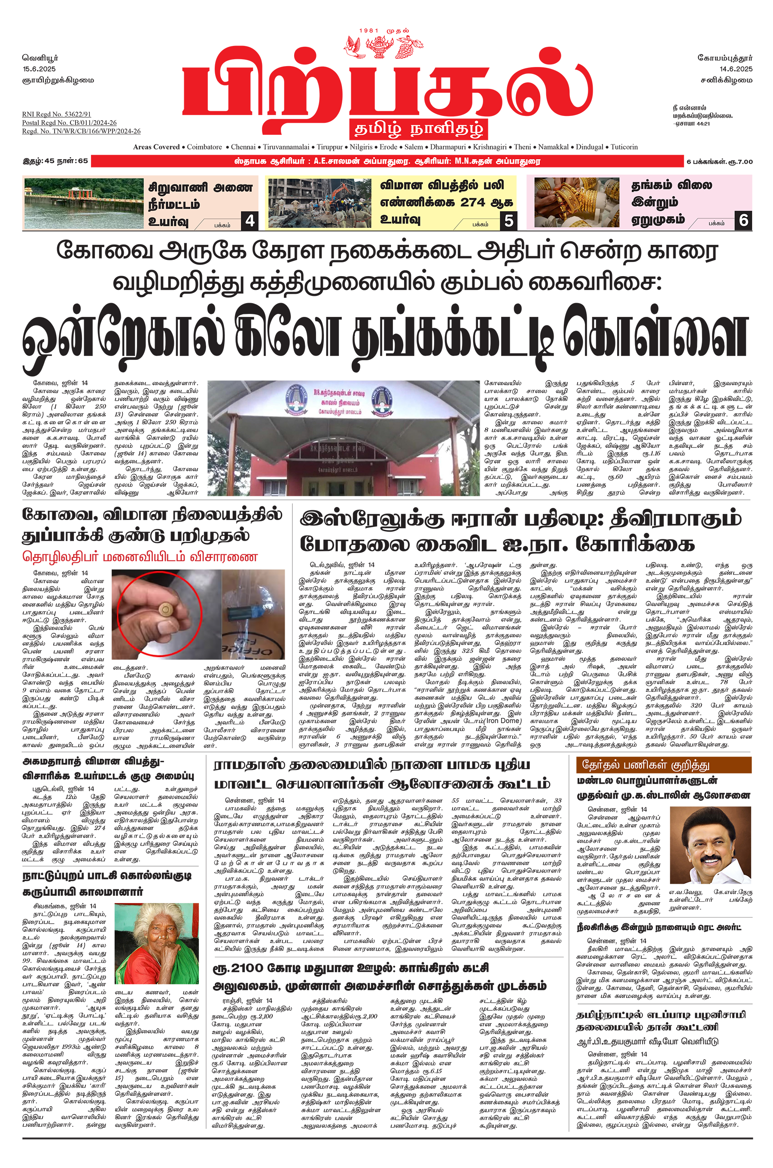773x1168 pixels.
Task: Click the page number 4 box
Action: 250,220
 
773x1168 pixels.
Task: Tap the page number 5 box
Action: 508,220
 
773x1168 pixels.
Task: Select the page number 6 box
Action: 743,220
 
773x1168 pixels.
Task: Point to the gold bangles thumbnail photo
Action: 576,203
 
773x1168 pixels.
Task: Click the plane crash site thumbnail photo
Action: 319,203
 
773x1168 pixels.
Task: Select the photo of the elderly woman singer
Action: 156,943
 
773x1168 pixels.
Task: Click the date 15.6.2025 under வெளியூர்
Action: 39,69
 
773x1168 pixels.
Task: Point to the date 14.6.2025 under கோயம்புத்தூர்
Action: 736,69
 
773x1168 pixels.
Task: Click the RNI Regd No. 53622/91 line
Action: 56,114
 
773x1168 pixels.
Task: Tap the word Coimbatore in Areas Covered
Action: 204,147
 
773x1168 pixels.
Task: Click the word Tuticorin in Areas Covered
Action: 624,147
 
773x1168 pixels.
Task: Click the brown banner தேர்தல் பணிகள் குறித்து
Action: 663,765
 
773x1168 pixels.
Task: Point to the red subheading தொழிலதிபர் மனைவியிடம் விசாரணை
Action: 140,557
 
